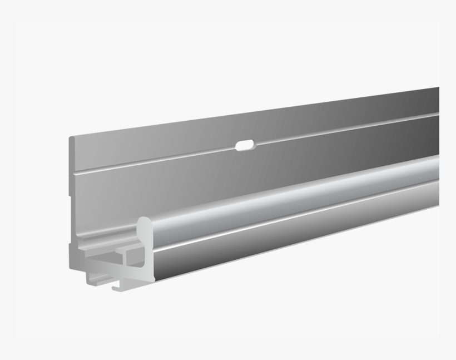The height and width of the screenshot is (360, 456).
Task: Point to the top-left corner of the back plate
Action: (71, 137)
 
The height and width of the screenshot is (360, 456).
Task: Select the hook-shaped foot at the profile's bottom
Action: (116, 286)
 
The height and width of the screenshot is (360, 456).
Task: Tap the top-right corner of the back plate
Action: (438, 88)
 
